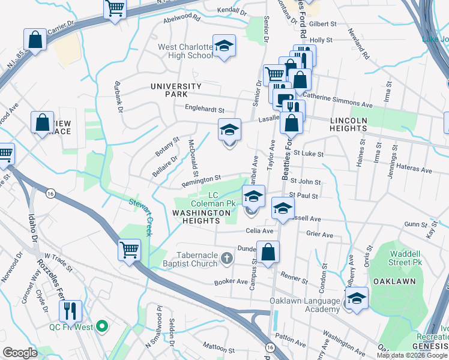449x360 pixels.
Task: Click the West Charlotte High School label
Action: tap(185, 51)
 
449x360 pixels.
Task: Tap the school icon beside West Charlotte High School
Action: tap(224, 46)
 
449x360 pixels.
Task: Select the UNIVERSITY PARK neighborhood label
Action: tap(177, 90)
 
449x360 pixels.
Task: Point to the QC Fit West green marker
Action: tap(102, 327)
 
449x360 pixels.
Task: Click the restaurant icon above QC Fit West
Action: tap(70, 310)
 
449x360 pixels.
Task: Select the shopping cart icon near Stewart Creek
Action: tap(130, 250)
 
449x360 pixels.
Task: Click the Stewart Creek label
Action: tap(142, 213)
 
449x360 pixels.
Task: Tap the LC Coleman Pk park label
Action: tap(220, 199)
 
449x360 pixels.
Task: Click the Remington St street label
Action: tap(202, 179)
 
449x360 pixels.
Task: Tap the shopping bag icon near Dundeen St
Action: tap(268, 251)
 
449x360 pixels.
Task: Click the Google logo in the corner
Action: tap(20, 353)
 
